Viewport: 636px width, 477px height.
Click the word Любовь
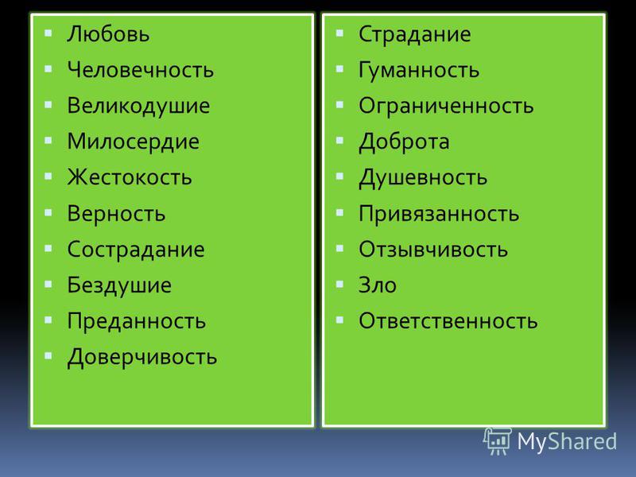click(x=108, y=33)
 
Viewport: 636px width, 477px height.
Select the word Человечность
click(x=141, y=69)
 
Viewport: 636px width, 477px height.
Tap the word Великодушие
click(x=138, y=107)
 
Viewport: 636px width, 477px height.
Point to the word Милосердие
click(x=133, y=142)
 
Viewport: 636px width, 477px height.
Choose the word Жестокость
click(x=130, y=177)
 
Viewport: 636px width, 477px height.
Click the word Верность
click(x=116, y=214)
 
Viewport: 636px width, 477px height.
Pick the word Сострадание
click(x=136, y=250)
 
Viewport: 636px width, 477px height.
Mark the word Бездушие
click(x=119, y=285)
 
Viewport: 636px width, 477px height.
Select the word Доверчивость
click(x=142, y=358)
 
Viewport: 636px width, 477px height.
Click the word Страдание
click(x=414, y=34)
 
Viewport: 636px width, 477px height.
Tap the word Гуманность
click(x=419, y=70)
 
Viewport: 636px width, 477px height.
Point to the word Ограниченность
click(x=446, y=107)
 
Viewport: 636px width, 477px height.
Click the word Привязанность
click(x=439, y=214)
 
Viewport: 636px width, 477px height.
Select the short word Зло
click(x=378, y=285)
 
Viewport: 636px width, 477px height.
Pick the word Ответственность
click(x=448, y=321)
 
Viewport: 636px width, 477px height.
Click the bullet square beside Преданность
click(x=48, y=320)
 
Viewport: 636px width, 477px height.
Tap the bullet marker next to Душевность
click(x=340, y=176)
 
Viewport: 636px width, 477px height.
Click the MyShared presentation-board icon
click(x=498, y=441)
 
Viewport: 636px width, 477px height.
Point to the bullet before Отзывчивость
click(x=340, y=248)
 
